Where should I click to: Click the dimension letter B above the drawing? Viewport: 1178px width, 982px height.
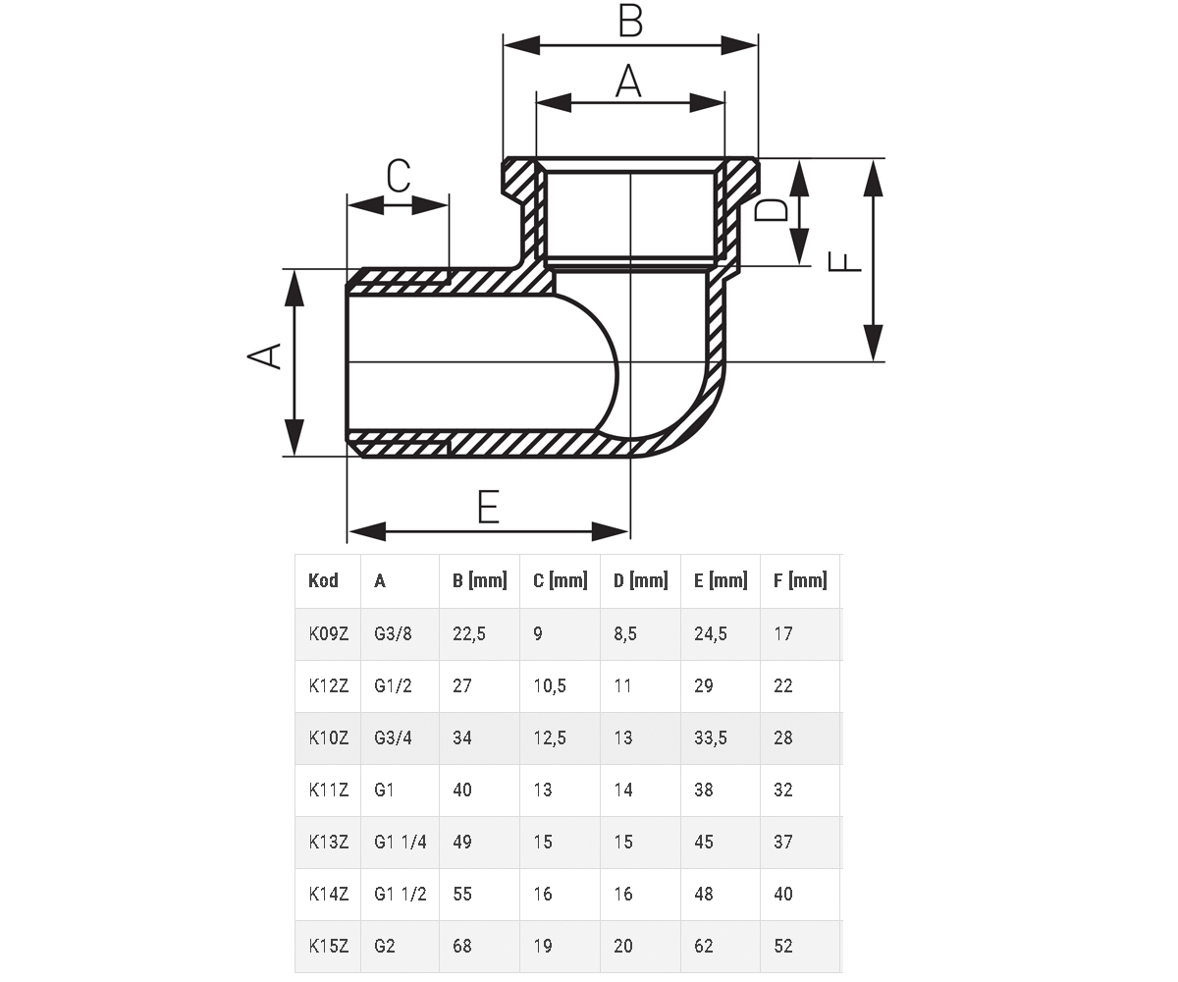[630, 21]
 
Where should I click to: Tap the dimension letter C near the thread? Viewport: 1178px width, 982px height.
[399, 176]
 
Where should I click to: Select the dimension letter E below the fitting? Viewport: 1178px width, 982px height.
[489, 507]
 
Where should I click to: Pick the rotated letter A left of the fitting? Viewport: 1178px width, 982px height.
[264, 355]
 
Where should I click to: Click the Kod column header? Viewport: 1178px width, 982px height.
[323, 580]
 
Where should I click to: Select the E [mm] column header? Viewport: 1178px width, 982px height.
[721, 580]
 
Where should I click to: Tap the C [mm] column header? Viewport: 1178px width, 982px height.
[561, 580]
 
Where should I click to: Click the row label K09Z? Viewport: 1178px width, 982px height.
[329, 633]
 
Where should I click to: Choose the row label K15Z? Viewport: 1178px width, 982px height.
[329, 946]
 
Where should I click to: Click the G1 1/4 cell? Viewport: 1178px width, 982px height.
[400, 842]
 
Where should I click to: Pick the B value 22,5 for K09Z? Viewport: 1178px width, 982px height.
[469, 633]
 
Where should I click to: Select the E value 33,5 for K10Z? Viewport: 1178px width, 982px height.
[711, 737]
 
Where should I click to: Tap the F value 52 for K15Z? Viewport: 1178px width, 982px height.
[783, 946]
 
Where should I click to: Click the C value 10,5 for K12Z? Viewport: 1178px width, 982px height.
[550, 685]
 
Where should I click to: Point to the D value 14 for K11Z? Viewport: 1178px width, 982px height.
[622, 790]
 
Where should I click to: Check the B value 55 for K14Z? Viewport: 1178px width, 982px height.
[462, 894]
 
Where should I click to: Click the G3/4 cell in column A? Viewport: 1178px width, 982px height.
[393, 737]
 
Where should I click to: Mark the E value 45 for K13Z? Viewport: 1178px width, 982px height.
[704, 842]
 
